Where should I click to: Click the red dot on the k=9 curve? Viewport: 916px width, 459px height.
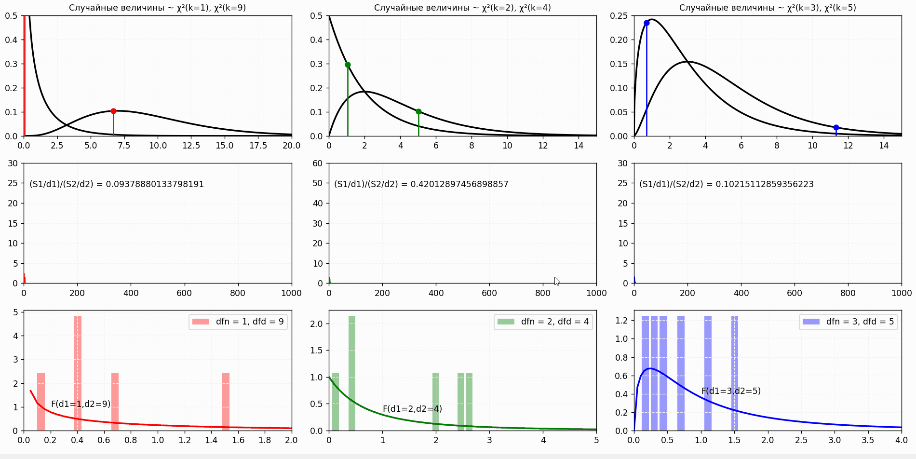point(113,111)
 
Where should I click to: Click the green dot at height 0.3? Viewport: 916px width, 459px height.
point(348,65)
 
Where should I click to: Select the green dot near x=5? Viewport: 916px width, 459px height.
point(418,111)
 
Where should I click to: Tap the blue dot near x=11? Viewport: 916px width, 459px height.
point(836,128)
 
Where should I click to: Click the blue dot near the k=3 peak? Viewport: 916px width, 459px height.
point(647,23)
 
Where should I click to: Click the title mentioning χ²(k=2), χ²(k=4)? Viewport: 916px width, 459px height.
point(462,8)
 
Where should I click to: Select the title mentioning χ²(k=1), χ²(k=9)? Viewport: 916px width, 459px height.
point(157,8)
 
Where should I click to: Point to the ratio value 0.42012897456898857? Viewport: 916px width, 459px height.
point(421,184)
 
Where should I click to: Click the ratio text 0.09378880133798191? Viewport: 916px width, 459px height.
point(117,184)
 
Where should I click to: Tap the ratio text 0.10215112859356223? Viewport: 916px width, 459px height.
point(726,184)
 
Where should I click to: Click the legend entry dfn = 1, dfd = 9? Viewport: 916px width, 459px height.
point(238,322)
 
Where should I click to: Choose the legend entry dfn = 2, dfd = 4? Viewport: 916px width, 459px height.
point(543,322)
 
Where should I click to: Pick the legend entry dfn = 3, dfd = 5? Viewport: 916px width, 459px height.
point(849,322)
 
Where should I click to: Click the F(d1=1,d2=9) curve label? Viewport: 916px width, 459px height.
point(81,404)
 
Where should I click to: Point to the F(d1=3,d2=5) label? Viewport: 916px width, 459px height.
point(731,391)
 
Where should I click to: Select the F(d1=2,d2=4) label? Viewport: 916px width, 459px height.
point(412,409)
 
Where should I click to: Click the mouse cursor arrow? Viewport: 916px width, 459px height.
point(557,281)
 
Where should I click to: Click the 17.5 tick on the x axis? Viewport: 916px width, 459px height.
point(258,146)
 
